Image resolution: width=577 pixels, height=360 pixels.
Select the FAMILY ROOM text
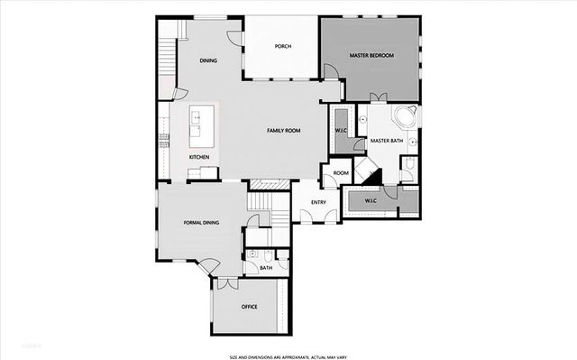(x=283, y=131)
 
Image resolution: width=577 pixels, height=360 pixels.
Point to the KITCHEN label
(x=199, y=157)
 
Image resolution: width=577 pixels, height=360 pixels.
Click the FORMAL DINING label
(x=202, y=222)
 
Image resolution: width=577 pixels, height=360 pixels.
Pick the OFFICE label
(x=250, y=307)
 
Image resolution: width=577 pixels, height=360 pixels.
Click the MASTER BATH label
(x=386, y=141)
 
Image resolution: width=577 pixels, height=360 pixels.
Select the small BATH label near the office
(x=266, y=268)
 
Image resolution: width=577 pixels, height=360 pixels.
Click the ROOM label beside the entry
(x=341, y=173)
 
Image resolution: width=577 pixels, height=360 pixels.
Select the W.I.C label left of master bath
(x=342, y=131)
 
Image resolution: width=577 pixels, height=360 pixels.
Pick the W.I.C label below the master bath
(x=371, y=200)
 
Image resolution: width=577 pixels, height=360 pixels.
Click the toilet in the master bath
(x=407, y=164)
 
